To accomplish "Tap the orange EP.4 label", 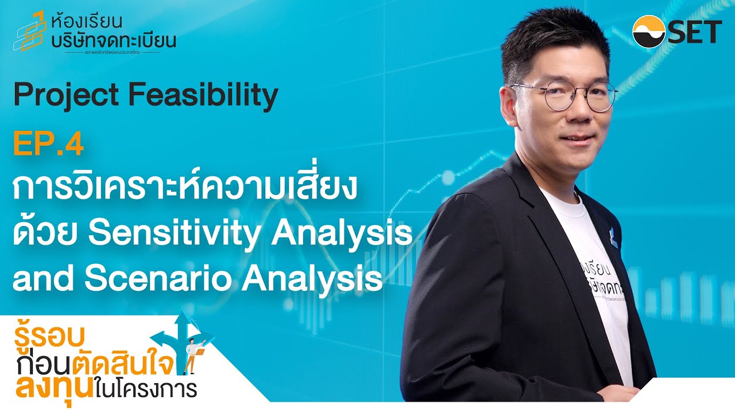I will click(48, 145).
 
